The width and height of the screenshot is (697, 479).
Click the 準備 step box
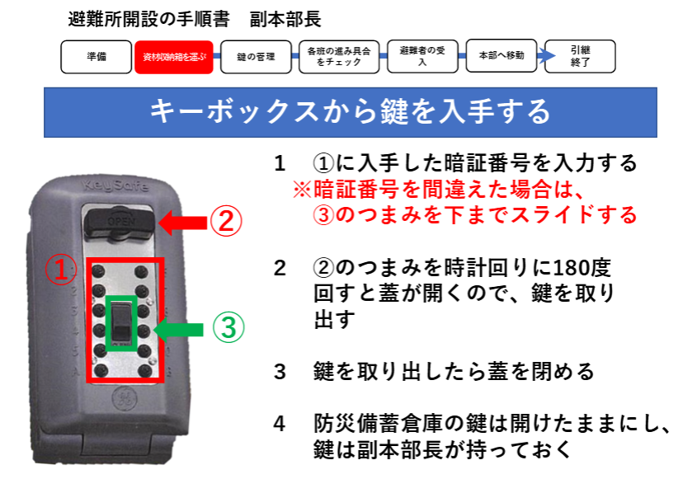(96, 56)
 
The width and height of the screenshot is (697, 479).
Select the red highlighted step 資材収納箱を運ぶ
(174, 57)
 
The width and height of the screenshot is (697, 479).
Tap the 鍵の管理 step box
(256, 56)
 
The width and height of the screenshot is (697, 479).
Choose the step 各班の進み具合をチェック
(339, 56)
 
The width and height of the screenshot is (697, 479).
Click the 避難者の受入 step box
(422, 56)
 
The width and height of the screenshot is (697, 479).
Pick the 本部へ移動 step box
(502, 55)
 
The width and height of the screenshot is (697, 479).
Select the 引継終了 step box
(580, 56)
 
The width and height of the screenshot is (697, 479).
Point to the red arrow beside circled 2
(182, 222)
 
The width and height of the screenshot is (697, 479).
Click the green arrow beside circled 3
(179, 330)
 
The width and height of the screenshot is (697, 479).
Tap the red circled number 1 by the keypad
(60, 270)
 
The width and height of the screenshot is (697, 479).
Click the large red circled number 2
(226, 221)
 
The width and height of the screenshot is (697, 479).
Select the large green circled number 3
(228, 327)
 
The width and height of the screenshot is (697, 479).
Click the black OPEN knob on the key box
(120, 221)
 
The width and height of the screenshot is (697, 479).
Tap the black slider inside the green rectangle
(121, 323)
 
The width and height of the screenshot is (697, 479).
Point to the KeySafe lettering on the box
(115, 185)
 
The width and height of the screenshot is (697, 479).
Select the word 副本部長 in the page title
(285, 20)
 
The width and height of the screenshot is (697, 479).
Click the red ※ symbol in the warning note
(302, 190)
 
